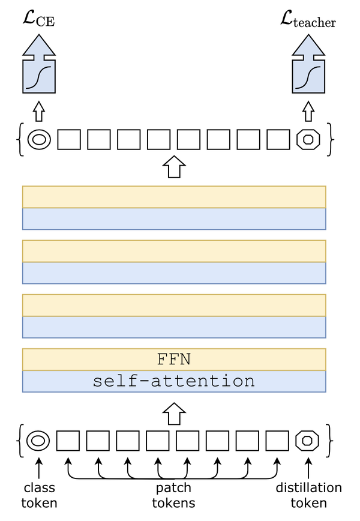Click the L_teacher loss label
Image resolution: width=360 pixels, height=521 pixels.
[308, 22]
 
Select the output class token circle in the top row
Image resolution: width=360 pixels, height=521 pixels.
[39, 140]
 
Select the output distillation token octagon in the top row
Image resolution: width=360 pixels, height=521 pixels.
[308, 140]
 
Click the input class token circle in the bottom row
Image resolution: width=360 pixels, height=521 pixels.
[38, 441]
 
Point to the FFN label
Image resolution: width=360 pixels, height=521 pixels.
[173, 360]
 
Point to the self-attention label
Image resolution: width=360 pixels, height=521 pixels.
[173, 381]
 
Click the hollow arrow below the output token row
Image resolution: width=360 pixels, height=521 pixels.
[173, 166]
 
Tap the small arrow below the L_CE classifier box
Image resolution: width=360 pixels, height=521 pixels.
[39, 110]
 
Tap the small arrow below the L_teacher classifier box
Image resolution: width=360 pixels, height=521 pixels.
[308, 110]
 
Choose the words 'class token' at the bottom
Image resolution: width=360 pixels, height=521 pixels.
[39, 495]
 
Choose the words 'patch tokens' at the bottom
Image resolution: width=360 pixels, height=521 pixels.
[173, 495]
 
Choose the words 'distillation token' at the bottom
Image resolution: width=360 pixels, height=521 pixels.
[308, 495]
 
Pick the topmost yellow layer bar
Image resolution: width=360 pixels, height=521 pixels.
[173, 197]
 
